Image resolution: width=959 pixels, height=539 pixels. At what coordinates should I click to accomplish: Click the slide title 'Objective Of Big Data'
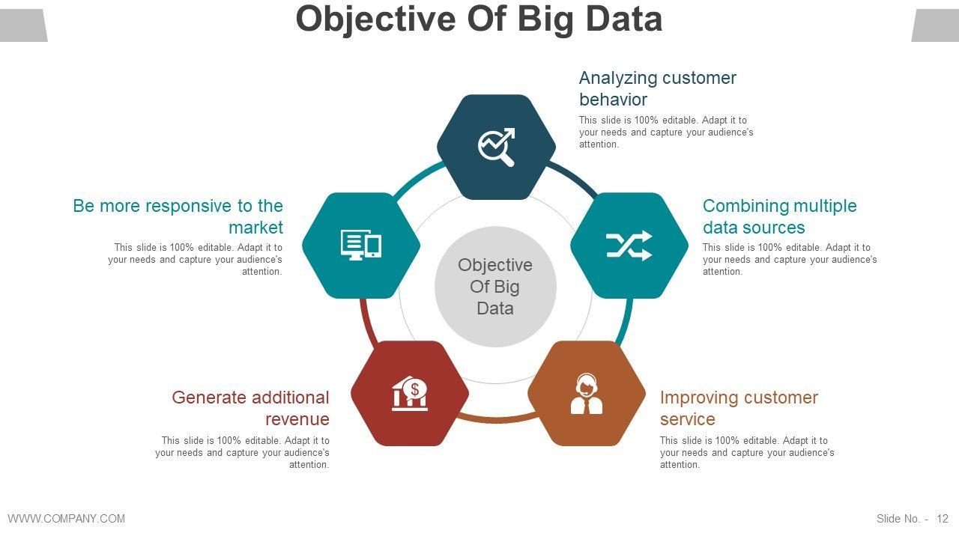point(479,19)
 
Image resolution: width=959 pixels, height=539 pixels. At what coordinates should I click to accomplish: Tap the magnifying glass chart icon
point(497,147)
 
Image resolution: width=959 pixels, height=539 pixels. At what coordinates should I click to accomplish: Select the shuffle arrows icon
point(629,246)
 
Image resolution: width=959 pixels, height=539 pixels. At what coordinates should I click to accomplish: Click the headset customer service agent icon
point(587,394)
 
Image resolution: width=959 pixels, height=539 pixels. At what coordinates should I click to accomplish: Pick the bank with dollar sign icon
point(410,394)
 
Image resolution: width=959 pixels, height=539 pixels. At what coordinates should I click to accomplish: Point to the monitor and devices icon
point(361,245)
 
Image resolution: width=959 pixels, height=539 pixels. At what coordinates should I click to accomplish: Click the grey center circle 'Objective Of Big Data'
point(495,287)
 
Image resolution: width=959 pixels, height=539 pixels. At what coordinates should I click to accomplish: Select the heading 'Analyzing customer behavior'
point(657,88)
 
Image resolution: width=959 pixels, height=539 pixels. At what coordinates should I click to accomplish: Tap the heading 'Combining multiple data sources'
point(779,216)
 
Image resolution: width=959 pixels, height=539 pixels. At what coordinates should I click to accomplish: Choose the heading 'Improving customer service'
point(738,408)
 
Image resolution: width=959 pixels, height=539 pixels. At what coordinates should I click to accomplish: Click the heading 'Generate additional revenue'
point(251,408)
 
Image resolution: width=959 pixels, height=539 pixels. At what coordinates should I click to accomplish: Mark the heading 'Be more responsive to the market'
point(178,216)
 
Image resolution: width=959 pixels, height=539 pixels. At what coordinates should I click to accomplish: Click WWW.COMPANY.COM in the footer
point(66,518)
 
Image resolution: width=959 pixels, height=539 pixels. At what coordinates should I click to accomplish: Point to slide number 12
point(942,518)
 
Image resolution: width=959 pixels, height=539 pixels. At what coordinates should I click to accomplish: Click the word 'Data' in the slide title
point(624,19)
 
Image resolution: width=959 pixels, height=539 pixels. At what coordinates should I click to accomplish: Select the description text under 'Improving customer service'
point(747,452)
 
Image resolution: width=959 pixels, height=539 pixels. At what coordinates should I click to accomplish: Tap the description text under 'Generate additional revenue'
point(243,452)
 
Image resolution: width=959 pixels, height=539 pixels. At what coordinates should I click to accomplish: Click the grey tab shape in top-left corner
point(22,25)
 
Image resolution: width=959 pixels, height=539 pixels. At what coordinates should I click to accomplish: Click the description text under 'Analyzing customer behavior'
point(665,132)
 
